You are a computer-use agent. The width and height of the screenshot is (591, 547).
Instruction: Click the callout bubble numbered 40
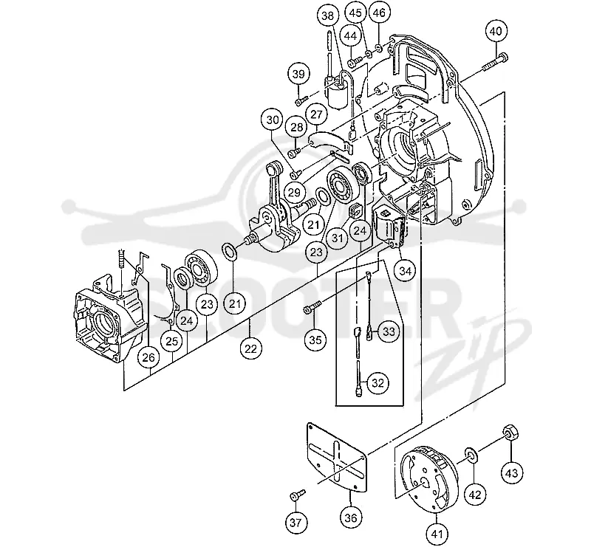(496, 31)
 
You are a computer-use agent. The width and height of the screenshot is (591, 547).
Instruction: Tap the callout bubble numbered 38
(327, 16)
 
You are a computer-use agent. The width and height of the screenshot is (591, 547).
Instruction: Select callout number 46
(379, 13)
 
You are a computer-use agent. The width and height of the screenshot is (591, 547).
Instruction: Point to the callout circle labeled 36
(350, 517)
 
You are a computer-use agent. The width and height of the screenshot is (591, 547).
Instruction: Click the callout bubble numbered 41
(437, 534)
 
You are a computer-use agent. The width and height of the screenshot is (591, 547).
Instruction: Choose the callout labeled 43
(512, 472)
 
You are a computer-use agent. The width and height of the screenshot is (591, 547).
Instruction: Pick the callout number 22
(250, 349)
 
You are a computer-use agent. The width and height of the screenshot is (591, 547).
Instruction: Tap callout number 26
(148, 357)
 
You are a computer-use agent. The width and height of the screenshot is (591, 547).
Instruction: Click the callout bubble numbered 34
(405, 270)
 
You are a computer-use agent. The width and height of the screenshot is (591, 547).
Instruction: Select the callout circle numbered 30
(273, 120)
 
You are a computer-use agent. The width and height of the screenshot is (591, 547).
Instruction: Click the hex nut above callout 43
(510, 432)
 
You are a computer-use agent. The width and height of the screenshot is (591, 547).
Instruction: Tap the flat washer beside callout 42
(470, 455)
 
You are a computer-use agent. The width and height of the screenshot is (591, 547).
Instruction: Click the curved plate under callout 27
(331, 141)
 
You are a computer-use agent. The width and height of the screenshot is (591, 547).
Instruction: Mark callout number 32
(378, 383)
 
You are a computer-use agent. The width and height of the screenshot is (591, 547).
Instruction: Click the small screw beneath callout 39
(301, 100)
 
